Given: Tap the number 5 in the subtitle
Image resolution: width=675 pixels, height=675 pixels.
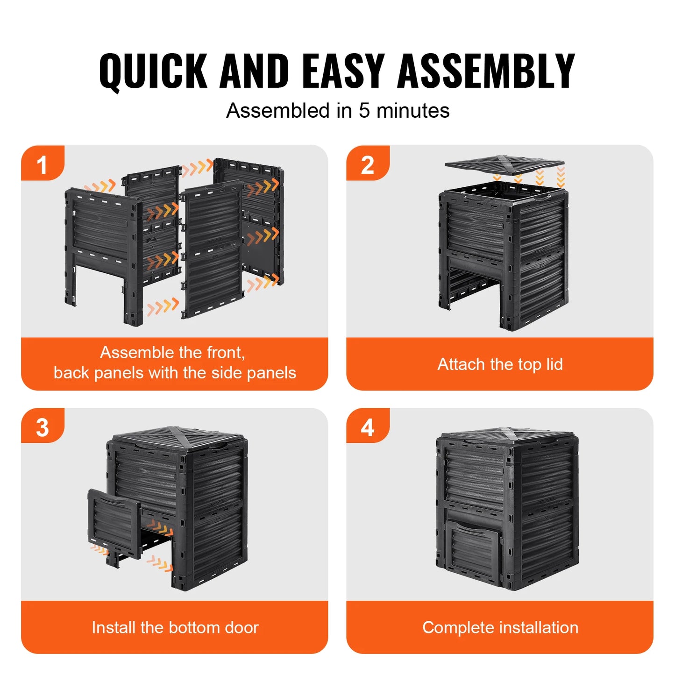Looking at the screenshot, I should tap(364, 111).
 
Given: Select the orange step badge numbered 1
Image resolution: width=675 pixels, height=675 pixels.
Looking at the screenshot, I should tap(42, 163).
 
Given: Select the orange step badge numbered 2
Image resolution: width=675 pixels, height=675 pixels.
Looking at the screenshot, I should tap(367, 163).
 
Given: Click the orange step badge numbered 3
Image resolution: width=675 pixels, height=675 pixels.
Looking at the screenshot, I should tap(42, 426).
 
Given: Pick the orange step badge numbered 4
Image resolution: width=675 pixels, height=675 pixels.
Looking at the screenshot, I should tap(367, 426).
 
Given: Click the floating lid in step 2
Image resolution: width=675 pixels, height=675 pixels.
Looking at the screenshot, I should tap(504, 164).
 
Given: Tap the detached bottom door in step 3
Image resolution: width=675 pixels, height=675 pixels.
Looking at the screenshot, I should tap(114, 522).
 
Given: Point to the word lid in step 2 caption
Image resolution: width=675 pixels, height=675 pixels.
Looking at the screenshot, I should tap(554, 364).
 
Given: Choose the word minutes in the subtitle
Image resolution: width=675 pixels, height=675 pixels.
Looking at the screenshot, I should tap(413, 111).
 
